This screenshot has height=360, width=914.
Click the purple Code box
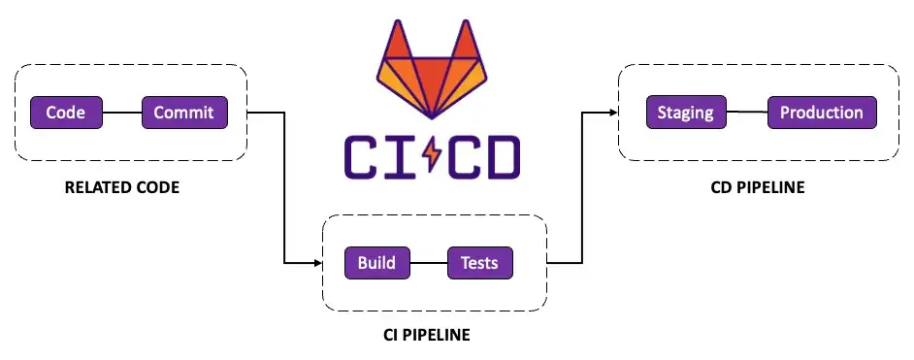coord(67,113)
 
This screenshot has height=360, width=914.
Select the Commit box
coord(185,113)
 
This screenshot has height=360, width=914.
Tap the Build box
coord(376,263)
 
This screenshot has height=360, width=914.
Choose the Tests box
coord(479,263)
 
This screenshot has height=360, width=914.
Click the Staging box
coord(685,113)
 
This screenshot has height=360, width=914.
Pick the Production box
coord(821,113)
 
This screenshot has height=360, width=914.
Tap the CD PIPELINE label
coord(758,187)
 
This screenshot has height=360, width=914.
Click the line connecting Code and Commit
coord(122,113)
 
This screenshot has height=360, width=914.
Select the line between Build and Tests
coord(428,263)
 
